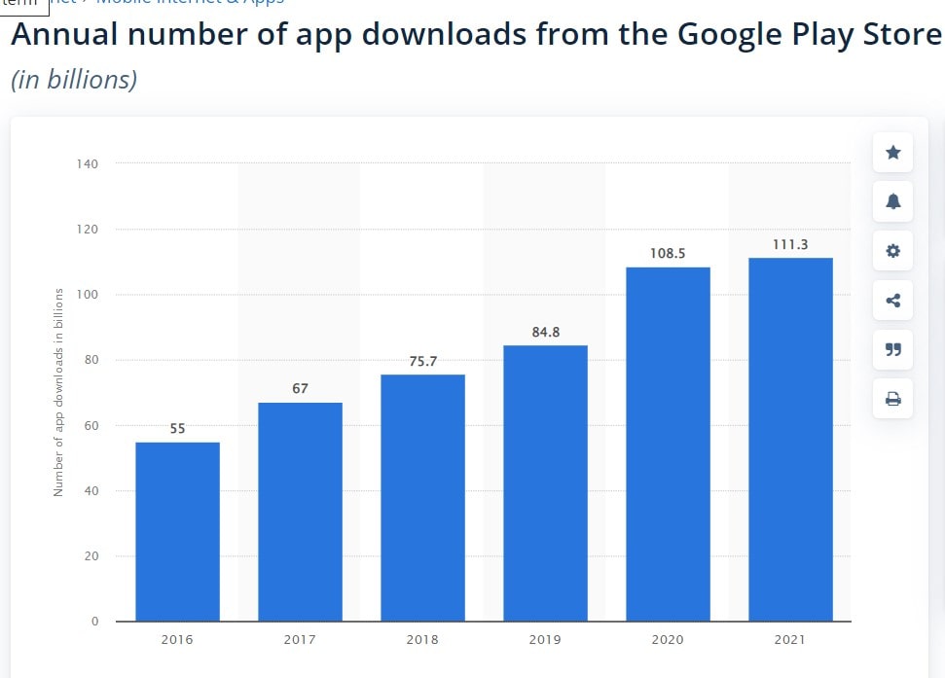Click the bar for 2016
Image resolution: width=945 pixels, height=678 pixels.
tap(177, 531)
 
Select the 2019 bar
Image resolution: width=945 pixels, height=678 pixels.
tap(545, 482)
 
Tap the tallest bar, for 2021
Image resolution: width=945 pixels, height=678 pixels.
tap(790, 439)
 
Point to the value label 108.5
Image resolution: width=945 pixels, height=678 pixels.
tap(668, 253)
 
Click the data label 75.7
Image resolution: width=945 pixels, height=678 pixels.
tap(422, 361)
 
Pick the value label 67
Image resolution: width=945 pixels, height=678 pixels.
tap(300, 388)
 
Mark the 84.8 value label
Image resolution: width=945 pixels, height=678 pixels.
tap(545, 332)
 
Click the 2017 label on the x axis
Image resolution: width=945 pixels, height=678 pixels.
tap(300, 640)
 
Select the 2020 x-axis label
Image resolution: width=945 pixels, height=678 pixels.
tap(668, 640)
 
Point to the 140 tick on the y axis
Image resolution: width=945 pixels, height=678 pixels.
tap(88, 163)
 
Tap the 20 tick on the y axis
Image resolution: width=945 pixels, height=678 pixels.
tap(91, 556)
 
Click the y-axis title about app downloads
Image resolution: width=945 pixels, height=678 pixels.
tap(58, 392)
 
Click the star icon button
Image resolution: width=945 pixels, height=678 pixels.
tap(892, 153)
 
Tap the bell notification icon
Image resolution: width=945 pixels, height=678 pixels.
tap(892, 201)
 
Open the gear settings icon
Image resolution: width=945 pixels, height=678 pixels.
tap(892, 251)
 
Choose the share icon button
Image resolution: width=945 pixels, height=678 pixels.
tap(892, 300)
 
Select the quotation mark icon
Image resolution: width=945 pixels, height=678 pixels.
tap(892, 349)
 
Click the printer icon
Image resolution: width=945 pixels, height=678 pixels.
tap(892, 398)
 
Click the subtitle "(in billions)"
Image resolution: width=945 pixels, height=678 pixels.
tap(74, 79)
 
